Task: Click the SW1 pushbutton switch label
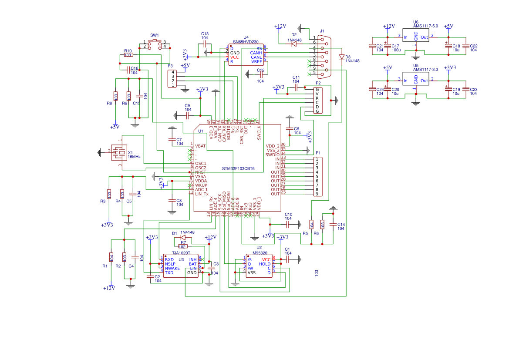click(155, 35)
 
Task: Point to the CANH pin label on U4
click(256, 53)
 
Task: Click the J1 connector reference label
click(322, 31)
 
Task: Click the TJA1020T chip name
click(181, 252)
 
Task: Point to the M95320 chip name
click(260, 252)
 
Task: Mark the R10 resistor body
click(128, 55)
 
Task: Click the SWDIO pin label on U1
click(272, 155)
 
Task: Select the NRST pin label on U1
click(200, 172)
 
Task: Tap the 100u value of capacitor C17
click(395, 50)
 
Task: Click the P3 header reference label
click(170, 66)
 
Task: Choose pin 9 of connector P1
click(317, 194)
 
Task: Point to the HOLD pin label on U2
click(265, 264)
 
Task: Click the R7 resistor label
click(183, 242)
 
